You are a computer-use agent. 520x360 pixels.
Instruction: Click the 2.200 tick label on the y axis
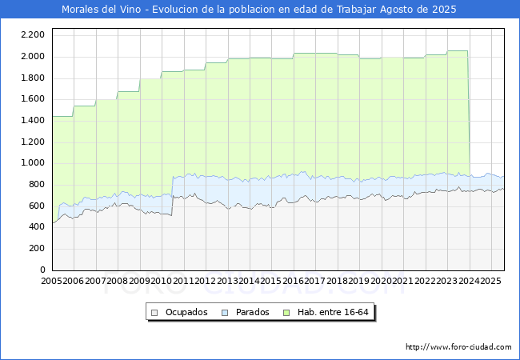point(33,35)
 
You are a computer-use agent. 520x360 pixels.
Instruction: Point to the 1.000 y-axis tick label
point(33,162)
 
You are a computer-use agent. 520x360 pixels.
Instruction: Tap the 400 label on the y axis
point(37,226)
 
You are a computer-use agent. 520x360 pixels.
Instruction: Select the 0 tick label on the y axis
point(42,270)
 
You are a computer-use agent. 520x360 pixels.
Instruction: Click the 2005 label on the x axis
point(51,281)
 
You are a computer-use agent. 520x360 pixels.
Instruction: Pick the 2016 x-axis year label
point(293,281)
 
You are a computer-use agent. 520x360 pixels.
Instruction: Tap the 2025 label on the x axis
point(491,281)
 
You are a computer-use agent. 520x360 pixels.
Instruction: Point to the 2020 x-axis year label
point(381,281)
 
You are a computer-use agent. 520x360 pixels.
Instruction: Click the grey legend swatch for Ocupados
point(154,313)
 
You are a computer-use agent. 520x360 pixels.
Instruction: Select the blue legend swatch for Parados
point(225,313)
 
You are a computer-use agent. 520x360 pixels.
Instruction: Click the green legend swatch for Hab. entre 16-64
point(286,313)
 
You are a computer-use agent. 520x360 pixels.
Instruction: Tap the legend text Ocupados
point(186,312)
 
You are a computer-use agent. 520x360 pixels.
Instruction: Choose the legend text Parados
point(252,312)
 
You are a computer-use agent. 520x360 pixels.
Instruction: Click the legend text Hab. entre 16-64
point(333,312)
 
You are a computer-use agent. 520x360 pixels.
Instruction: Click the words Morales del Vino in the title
point(101,10)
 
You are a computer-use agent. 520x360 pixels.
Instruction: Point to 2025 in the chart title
point(444,10)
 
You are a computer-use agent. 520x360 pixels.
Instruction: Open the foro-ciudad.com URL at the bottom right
point(458,347)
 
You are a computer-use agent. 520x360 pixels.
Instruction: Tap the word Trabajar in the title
point(357,10)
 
